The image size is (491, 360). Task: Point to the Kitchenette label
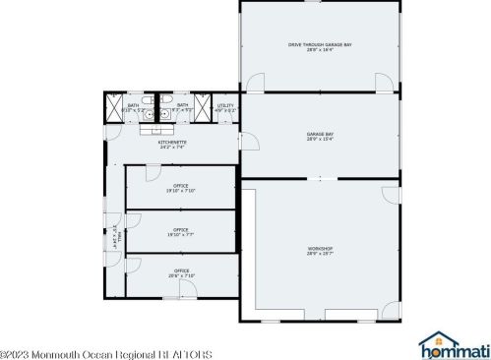point(172,142)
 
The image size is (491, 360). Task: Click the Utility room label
point(225,106)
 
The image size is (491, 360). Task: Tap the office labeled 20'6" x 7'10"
point(181,270)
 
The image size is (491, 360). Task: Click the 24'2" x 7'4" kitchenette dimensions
point(172,148)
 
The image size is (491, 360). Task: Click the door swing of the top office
point(152,174)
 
